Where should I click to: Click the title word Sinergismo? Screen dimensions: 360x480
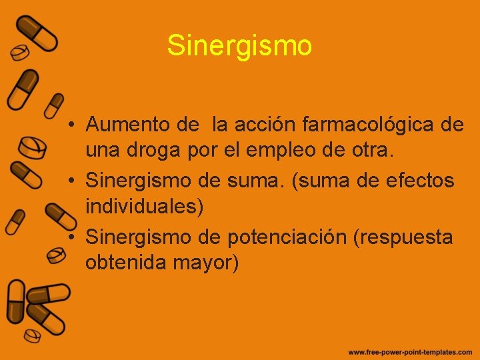click(239, 46)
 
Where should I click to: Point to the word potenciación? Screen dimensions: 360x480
click(290, 237)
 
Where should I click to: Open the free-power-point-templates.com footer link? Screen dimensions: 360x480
click(409, 351)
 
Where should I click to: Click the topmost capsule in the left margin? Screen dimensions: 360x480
click(37, 33)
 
